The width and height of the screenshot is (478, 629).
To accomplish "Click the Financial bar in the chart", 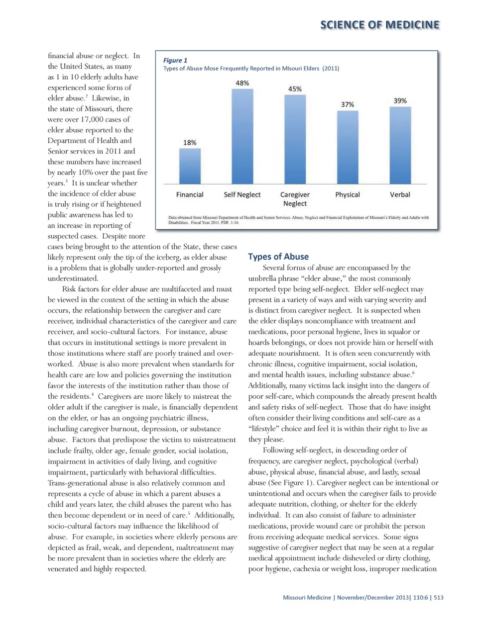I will pyautogui.click(x=190, y=167).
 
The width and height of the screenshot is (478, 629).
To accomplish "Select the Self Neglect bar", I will pyautogui.click(x=242, y=137).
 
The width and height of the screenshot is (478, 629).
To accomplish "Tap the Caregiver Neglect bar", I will pyautogui.click(x=295, y=139).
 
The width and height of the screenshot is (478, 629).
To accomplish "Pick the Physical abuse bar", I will pyautogui.click(x=348, y=147).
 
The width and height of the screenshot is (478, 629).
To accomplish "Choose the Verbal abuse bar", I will pyautogui.click(x=400, y=145).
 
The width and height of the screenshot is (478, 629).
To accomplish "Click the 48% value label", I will pyautogui.click(x=242, y=83).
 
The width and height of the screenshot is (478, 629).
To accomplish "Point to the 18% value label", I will pyautogui.click(x=190, y=143).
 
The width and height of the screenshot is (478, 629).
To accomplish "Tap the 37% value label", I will pyautogui.click(x=348, y=104).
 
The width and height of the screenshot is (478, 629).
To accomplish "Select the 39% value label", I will pyautogui.click(x=400, y=100).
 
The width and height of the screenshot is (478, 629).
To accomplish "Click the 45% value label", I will pyautogui.click(x=295, y=89).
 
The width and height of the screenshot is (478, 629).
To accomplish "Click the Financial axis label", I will pyautogui.click(x=190, y=195).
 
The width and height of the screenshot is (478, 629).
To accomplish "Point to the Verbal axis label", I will pyautogui.click(x=400, y=195).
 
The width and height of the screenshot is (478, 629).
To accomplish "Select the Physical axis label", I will pyautogui.click(x=348, y=195).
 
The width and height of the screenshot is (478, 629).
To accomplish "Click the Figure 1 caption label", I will pyautogui.click(x=175, y=60).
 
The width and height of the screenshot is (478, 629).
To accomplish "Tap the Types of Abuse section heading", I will pyautogui.click(x=278, y=257).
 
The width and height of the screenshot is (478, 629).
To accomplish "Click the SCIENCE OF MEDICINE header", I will pyautogui.click(x=379, y=25).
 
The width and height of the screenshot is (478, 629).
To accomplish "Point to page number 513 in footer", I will pyautogui.click(x=438, y=597).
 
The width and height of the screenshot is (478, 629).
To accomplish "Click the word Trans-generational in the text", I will pyautogui.click(x=77, y=483).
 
